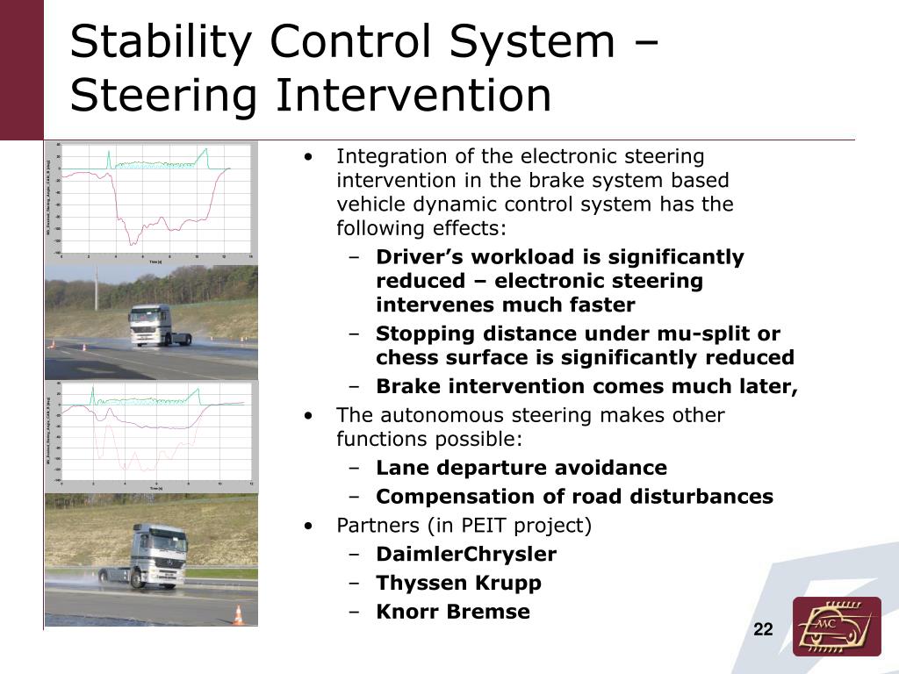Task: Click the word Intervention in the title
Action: point(414,97)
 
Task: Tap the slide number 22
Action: point(763,629)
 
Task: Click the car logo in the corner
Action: point(836,626)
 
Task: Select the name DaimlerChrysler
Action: point(465,555)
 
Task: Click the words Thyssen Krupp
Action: point(458,583)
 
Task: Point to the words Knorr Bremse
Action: point(452,612)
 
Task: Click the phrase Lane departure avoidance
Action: point(521,468)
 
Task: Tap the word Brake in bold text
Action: point(407,387)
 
